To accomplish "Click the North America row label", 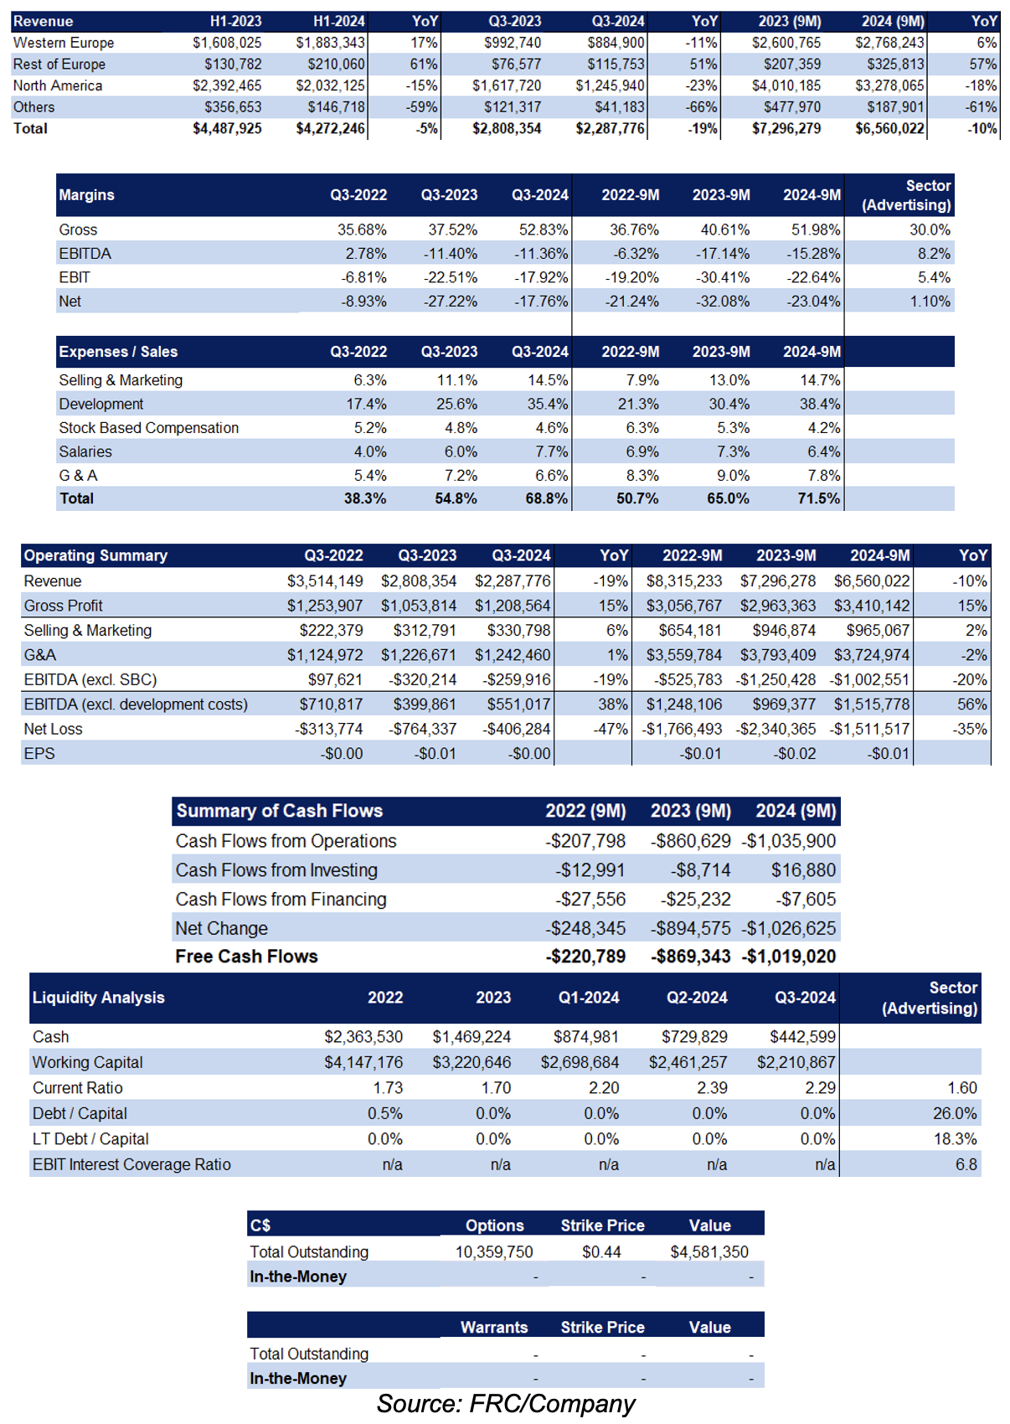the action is (58, 85).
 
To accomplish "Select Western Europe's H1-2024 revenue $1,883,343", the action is (331, 43).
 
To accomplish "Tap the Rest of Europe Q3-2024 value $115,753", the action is (616, 64).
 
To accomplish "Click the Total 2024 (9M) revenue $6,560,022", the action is (889, 128).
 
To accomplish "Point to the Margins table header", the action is (86, 195).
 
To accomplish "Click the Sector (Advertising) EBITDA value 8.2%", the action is (934, 254).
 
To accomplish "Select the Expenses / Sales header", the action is (118, 352).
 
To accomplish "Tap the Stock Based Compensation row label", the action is (149, 428).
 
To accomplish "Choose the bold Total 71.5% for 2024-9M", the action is (819, 498).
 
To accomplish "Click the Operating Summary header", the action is (96, 555).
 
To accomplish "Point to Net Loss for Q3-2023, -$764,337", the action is (423, 729).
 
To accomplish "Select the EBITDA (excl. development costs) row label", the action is (136, 704).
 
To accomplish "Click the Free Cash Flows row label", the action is (246, 957).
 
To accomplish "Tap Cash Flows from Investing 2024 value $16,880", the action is (803, 870).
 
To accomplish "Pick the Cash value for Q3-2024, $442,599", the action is (803, 1037).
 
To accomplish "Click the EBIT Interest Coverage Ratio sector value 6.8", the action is (966, 1164).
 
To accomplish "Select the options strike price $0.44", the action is (601, 1251).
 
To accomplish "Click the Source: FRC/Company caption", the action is (506, 1404).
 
